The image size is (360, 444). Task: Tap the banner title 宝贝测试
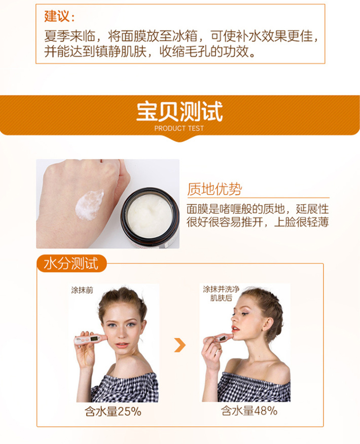coord(179,112)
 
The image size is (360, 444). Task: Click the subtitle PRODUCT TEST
coord(179,128)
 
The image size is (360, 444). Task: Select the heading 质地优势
coord(214,189)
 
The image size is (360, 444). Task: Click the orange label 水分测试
coord(71,264)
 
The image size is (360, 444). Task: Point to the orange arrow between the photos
coord(180,345)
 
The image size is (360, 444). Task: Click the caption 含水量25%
coord(113,412)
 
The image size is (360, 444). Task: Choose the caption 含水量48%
coord(249,411)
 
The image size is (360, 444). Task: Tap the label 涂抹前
coord(82,290)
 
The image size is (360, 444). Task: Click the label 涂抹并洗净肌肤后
coord(221,293)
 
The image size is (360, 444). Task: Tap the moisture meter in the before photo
coord(90,339)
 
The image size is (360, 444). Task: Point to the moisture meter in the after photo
coord(219,339)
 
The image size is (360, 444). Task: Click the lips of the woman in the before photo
coord(122,345)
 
